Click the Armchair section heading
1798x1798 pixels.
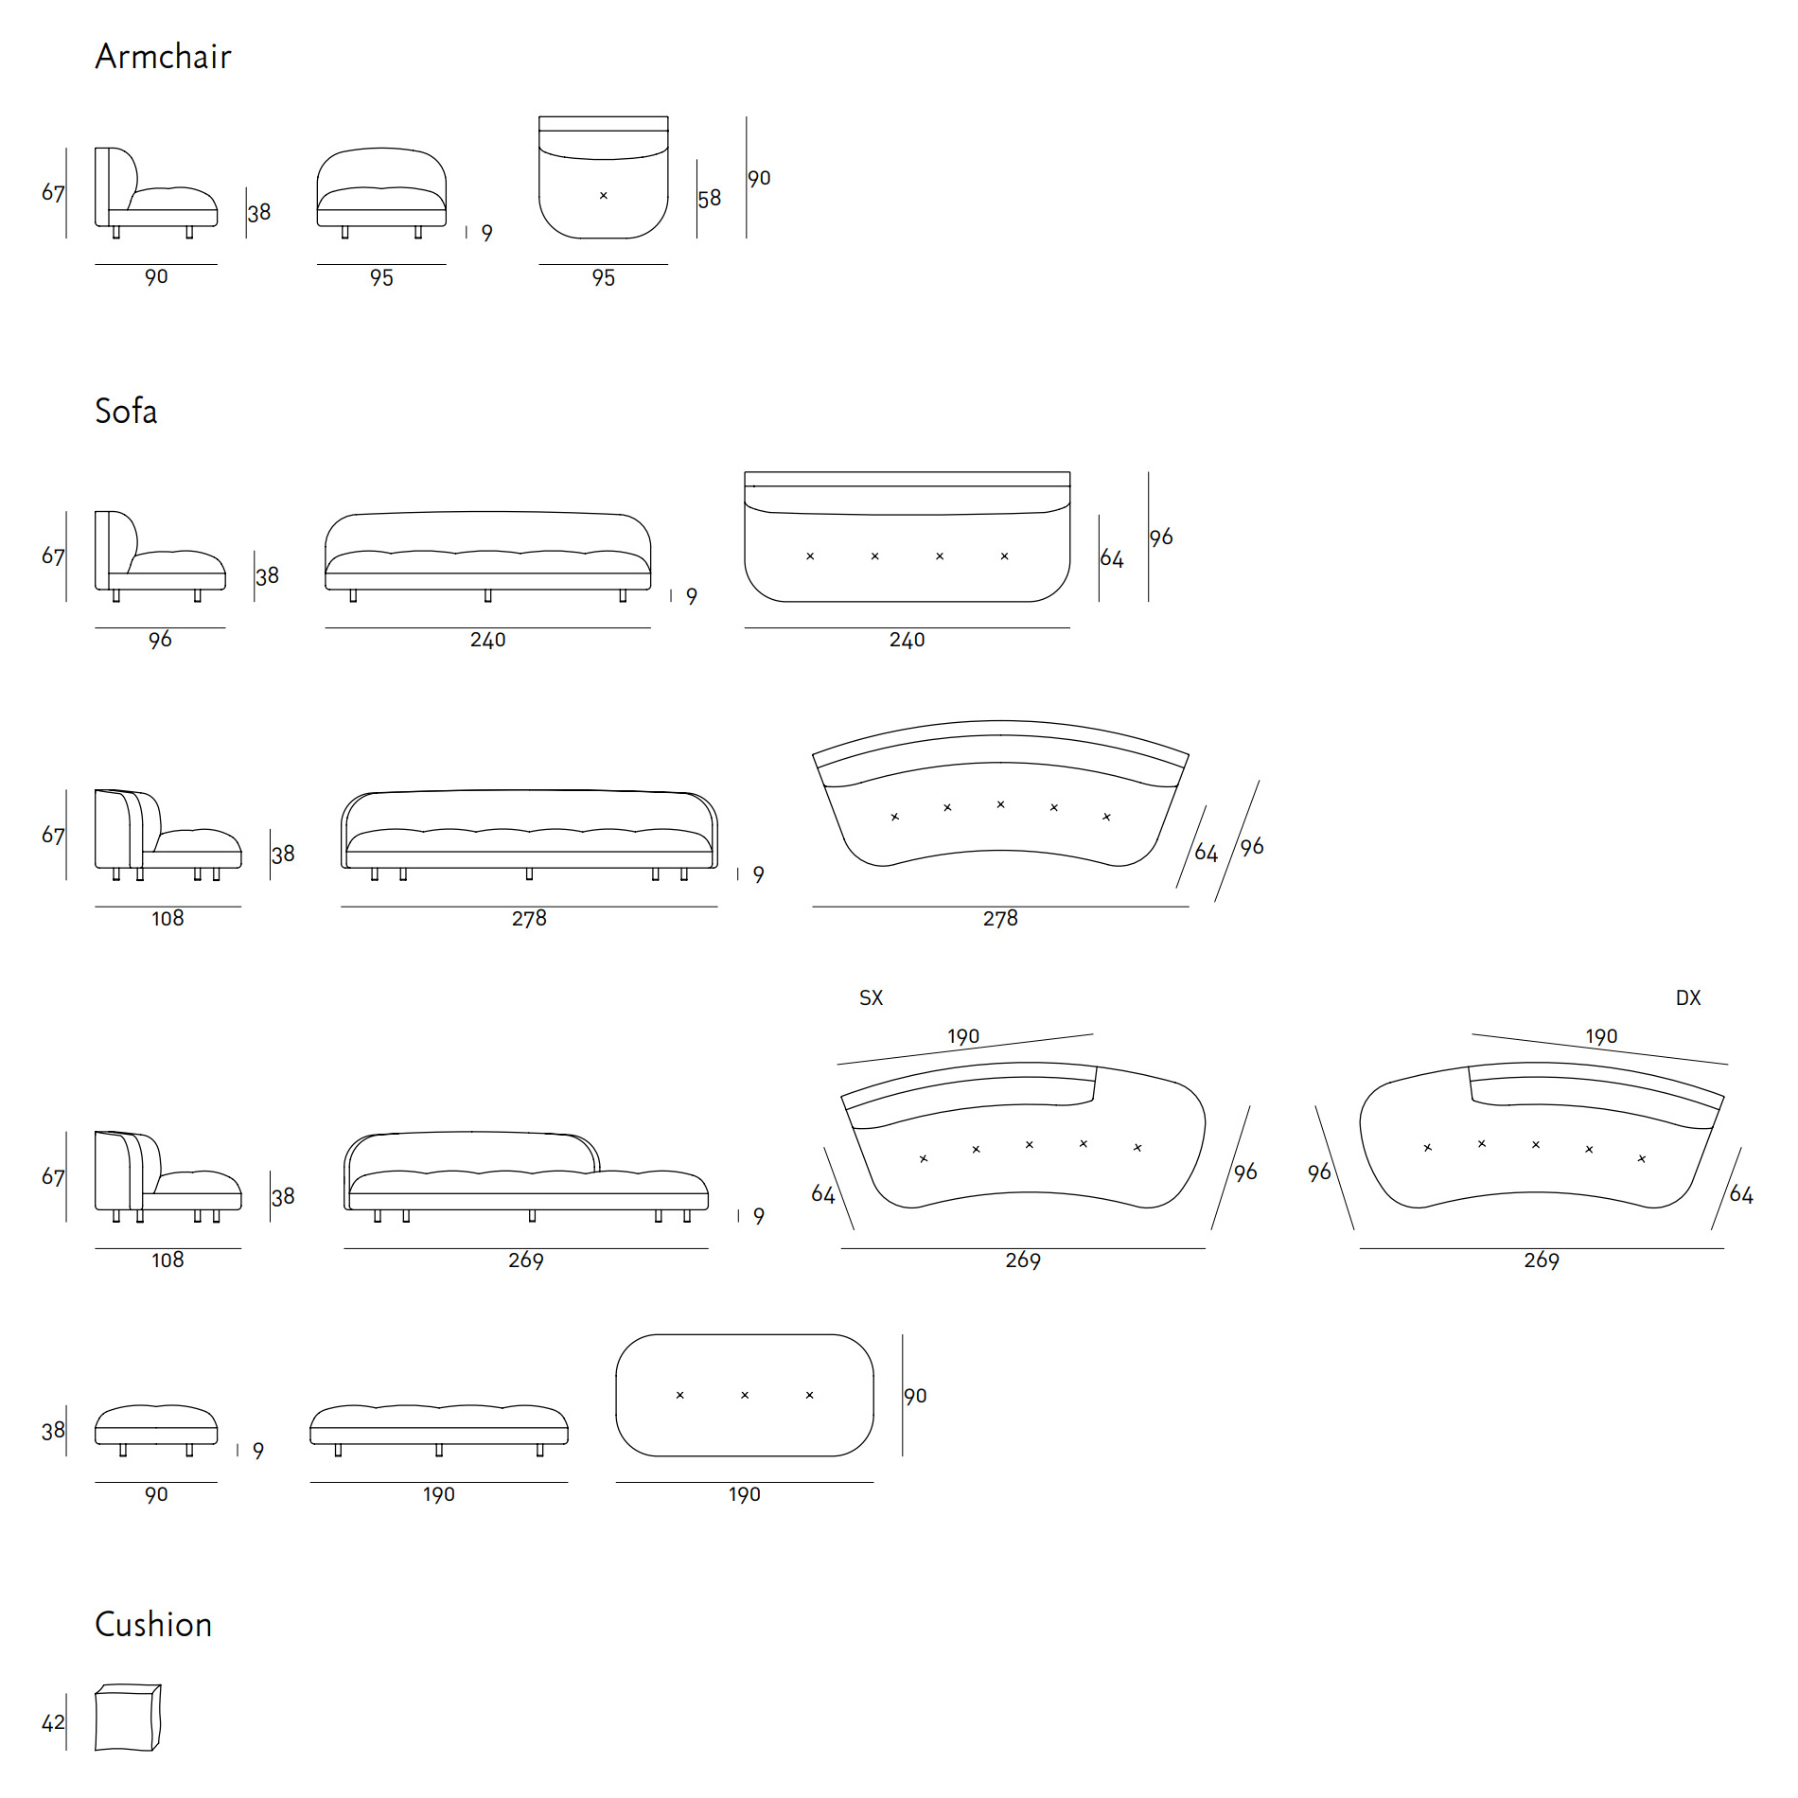[x=163, y=57]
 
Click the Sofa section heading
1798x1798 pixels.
[x=126, y=412]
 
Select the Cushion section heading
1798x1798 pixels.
[x=153, y=1625]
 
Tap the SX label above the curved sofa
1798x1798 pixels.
[x=871, y=997]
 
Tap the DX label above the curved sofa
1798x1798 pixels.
[x=1688, y=997]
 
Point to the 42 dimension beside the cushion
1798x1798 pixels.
[x=53, y=1722]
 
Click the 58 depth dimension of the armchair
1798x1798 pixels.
[x=710, y=199]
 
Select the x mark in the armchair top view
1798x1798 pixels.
[x=604, y=196]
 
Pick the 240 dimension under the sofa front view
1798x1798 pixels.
[x=488, y=641]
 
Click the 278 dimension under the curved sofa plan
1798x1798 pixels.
[x=1000, y=919]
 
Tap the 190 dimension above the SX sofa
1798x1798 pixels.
[x=963, y=1036]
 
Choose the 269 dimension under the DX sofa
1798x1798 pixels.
[x=1542, y=1260]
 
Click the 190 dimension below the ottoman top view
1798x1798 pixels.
[x=745, y=1494]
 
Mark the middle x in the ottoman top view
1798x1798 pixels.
[x=745, y=1395]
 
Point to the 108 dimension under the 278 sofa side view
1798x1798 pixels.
[x=167, y=919]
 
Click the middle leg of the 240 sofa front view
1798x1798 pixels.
[x=488, y=595]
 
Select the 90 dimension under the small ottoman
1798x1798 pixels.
[x=156, y=1494]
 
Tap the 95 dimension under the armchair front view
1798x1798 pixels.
[x=381, y=278]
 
